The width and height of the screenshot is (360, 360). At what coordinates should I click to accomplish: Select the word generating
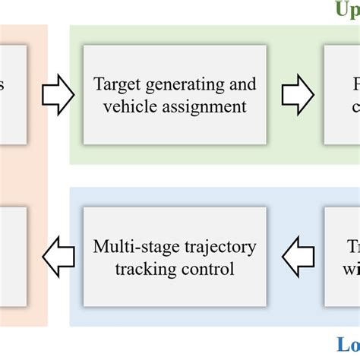182,84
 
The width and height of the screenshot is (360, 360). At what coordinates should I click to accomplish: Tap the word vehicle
128,106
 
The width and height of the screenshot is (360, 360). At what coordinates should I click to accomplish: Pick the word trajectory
220,247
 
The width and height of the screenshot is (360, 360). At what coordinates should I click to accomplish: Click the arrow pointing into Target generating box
58,95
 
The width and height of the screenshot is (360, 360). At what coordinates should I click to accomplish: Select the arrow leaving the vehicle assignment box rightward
297,95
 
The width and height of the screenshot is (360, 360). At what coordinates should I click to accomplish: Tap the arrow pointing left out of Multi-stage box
58,257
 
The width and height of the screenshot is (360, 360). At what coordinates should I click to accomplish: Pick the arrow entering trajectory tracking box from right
297,257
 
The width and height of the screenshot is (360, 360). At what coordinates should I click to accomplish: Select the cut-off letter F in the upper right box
355,84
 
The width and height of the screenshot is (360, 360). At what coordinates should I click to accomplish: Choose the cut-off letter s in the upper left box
2,85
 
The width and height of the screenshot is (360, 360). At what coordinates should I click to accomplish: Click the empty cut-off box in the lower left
13,257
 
